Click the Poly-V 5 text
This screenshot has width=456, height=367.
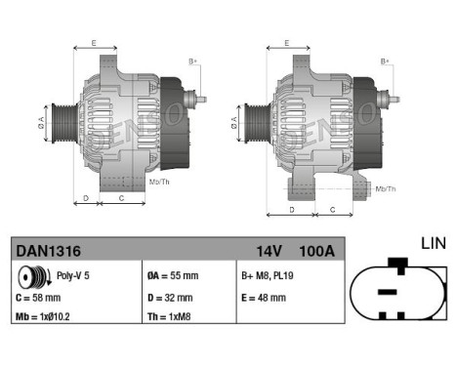71,276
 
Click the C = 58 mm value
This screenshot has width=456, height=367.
39,298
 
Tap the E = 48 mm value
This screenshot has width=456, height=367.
264,298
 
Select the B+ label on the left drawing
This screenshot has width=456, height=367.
192,61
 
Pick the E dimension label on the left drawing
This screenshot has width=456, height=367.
94,43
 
